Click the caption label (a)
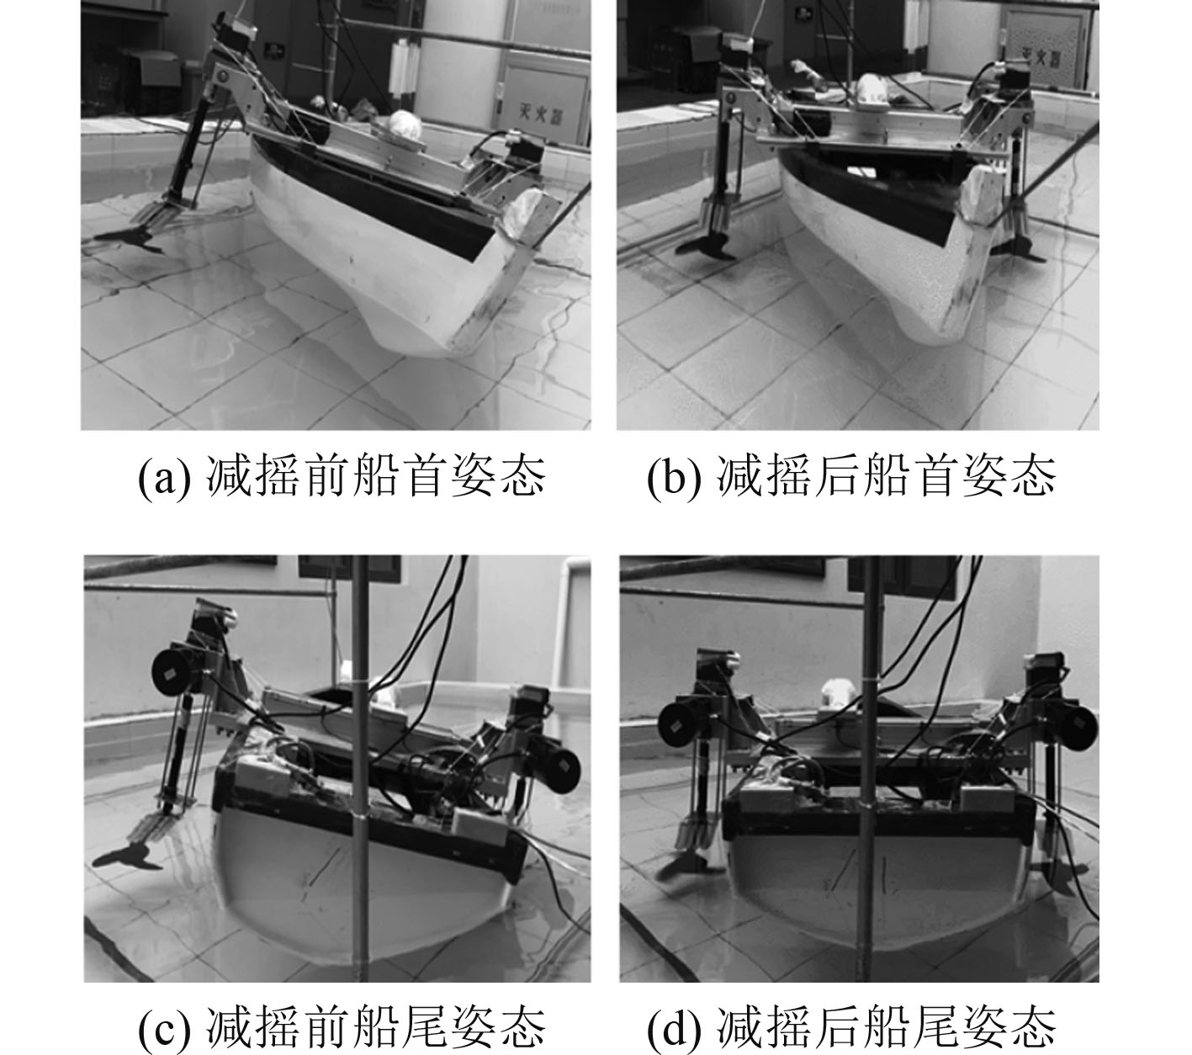tap(164, 478)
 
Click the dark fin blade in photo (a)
tap(130, 238)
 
